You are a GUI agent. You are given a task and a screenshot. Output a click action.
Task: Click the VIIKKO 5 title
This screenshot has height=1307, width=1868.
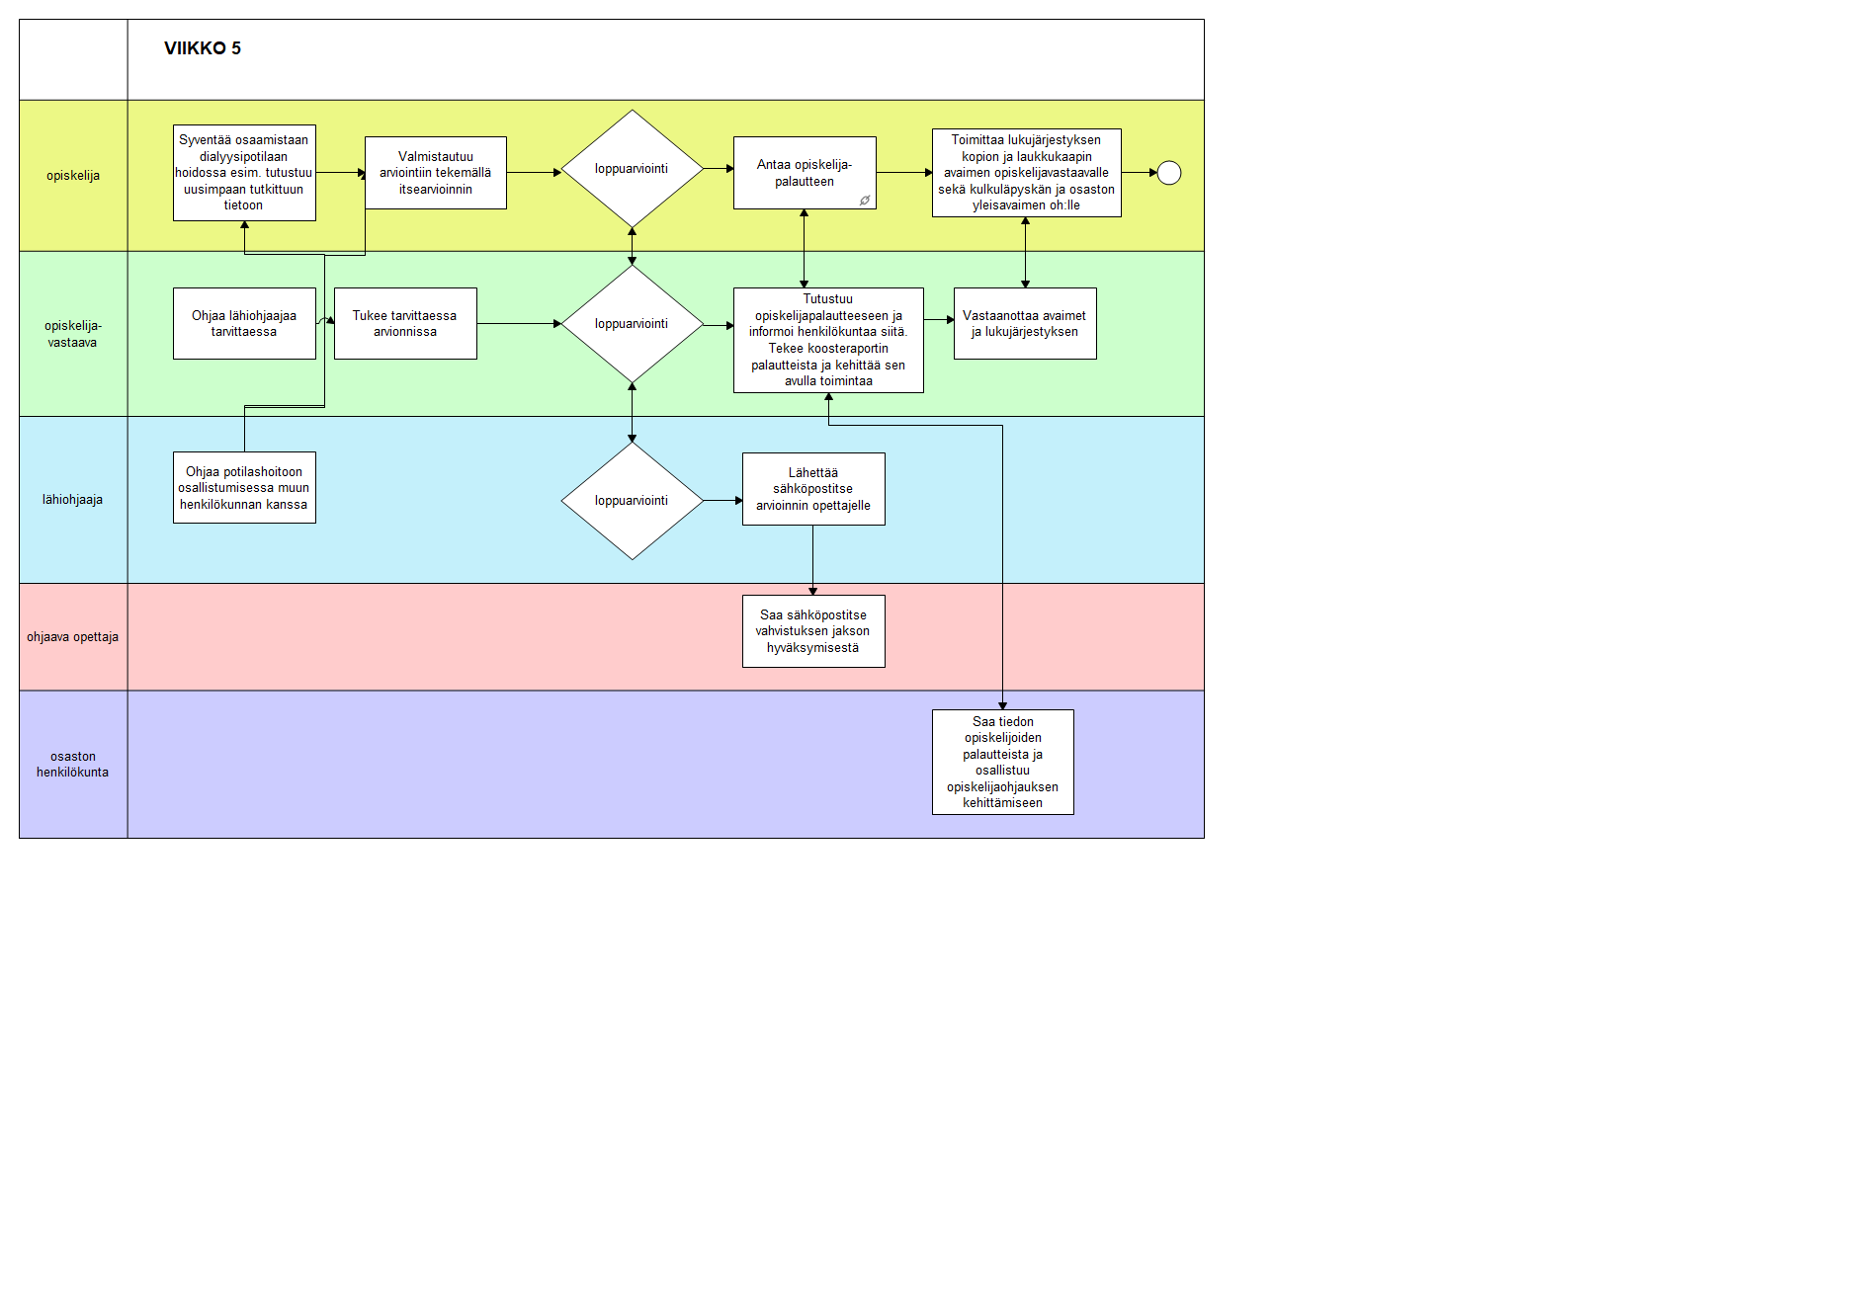click(x=203, y=48)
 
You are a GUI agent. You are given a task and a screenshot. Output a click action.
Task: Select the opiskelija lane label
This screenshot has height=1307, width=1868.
click(x=73, y=176)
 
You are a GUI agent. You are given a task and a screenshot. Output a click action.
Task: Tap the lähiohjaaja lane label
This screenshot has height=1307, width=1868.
click(x=72, y=500)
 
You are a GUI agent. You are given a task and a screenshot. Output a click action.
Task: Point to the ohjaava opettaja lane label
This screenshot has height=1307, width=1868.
click(x=72, y=637)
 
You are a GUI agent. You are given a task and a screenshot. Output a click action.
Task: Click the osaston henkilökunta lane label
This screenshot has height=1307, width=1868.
click(x=73, y=765)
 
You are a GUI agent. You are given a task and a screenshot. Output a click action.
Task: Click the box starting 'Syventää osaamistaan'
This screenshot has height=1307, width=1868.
click(x=244, y=173)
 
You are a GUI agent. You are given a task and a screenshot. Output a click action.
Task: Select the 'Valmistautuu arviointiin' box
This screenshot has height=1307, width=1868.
click(x=436, y=173)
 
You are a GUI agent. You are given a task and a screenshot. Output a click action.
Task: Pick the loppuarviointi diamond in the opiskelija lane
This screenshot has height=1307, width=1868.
click(x=633, y=169)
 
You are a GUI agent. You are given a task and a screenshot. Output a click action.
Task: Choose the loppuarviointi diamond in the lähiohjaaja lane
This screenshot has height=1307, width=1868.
click(x=633, y=501)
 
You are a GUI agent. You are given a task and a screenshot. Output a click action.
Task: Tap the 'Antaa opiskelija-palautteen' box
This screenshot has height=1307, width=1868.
click(x=805, y=173)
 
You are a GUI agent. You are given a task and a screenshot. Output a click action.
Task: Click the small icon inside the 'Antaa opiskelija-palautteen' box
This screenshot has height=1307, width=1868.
click(x=865, y=201)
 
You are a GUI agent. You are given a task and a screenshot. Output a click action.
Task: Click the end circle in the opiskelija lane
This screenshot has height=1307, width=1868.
click(x=1169, y=173)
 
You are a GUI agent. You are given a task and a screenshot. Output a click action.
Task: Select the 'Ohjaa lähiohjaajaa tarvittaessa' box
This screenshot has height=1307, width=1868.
click(x=244, y=324)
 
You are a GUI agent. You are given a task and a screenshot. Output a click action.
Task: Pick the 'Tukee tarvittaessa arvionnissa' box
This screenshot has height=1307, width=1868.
click(x=405, y=324)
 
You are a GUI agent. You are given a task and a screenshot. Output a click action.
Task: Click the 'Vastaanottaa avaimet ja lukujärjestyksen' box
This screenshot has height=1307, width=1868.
click(x=1025, y=324)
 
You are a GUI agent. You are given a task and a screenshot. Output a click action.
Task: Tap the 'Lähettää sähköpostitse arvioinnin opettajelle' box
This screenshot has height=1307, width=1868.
click(x=813, y=489)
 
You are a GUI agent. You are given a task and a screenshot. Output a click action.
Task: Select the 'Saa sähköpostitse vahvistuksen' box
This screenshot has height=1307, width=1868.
click(x=813, y=631)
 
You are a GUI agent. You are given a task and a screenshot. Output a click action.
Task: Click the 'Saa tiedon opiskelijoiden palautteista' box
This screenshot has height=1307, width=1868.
click(x=1003, y=763)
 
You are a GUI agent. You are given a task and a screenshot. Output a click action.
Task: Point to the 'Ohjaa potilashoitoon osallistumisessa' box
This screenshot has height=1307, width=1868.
click(x=244, y=488)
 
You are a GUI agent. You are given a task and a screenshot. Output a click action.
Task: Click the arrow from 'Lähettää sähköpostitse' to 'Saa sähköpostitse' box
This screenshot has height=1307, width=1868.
click(x=813, y=560)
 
